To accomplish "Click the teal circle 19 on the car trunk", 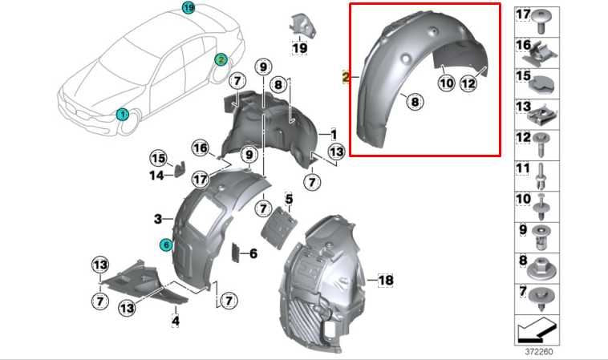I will click(188, 8).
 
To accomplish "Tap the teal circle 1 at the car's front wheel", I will click(123, 115).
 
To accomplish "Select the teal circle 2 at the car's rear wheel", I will click(221, 59).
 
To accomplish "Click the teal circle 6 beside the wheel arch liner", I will click(166, 245).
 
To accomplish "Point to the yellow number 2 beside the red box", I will click(345, 79).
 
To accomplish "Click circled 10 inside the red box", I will click(446, 81).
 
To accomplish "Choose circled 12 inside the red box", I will click(469, 81).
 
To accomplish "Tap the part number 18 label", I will click(386, 280).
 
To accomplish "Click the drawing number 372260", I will click(539, 350).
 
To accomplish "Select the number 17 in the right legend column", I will click(523, 15).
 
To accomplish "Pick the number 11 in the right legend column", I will click(523, 169).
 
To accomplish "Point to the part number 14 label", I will click(158, 174).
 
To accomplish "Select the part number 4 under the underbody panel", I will click(175, 321).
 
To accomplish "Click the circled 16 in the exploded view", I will click(200, 148).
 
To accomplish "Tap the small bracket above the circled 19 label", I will click(301, 23).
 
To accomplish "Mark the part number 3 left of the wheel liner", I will click(158, 217).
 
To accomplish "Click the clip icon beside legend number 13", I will click(545, 109).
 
